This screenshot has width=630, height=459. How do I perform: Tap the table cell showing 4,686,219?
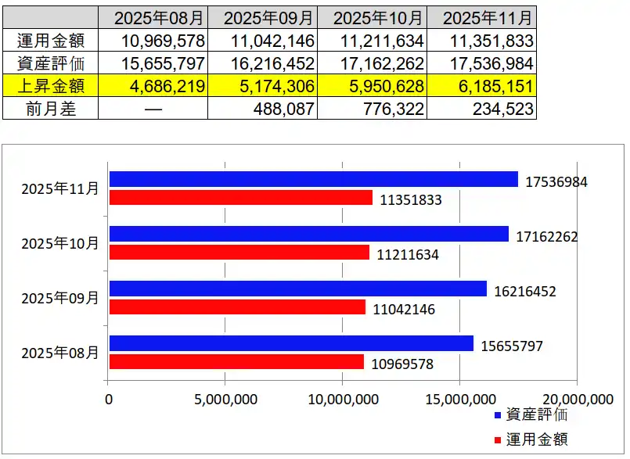point(153,86)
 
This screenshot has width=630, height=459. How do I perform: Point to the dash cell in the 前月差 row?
point(153,109)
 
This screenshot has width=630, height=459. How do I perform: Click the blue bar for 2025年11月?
point(313,179)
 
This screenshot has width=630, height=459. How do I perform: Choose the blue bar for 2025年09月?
point(297,289)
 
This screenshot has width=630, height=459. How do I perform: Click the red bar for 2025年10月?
point(239,253)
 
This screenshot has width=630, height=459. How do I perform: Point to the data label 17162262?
point(547,236)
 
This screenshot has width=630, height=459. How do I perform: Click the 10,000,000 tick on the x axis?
point(342,399)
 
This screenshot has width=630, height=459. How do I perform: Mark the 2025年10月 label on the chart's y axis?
point(60,243)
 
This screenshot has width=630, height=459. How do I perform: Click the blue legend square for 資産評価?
point(499,415)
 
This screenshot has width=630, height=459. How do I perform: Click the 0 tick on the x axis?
point(109,399)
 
